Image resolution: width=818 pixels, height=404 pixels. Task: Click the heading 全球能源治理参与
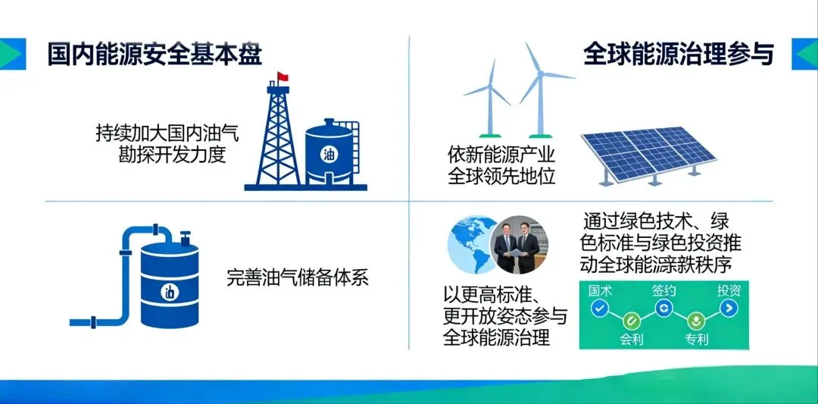[x=679, y=55]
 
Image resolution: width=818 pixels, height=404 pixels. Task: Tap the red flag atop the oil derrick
[x=283, y=77]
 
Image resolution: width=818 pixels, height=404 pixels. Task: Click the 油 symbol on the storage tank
[x=329, y=154]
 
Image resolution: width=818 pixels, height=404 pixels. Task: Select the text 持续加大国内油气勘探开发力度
[x=167, y=144]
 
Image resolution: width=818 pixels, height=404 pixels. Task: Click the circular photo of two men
[x=520, y=245]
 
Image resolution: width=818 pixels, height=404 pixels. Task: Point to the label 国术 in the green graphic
[x=601, y=290]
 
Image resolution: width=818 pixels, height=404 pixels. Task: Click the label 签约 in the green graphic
[x=664, y=290]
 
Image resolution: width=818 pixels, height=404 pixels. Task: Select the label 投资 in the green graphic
[x=729, y=290]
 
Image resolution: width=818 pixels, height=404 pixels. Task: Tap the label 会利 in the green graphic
[x=632, y=339]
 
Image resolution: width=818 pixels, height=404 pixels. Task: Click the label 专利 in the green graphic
[x=696, y=339]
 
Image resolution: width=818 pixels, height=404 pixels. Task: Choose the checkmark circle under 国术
[x=600, y=308]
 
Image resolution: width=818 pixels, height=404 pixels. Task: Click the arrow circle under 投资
[x=729, y=308]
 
